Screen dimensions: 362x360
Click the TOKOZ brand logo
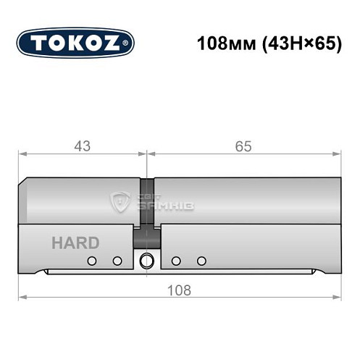coord(75,43)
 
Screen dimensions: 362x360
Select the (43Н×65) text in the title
coord(299,43)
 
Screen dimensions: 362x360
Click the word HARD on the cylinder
coord(75,243)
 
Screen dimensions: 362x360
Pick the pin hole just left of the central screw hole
coord(117,261)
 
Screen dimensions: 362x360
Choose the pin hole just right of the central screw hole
coord(176,261)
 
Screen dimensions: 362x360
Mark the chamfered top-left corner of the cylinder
coord(23,182)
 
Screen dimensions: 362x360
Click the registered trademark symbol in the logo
coord(129,43)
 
